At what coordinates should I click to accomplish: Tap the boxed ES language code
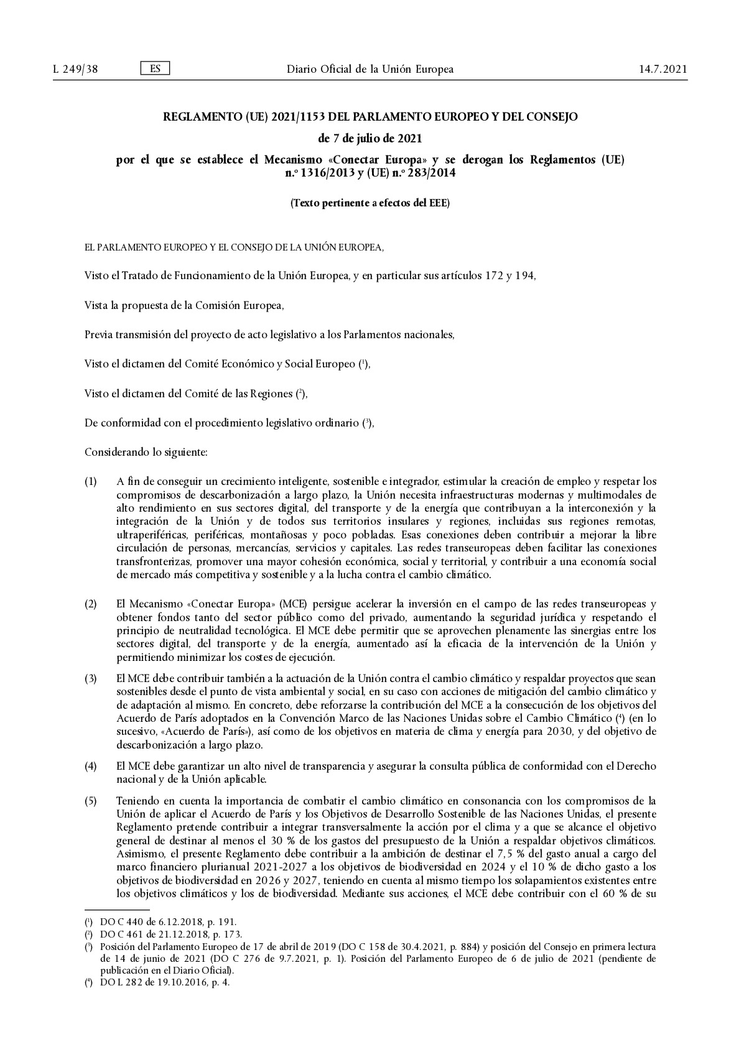pyautogui.click(x=156, y=68)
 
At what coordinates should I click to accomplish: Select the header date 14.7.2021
pyautogui.click(x=663, y=69)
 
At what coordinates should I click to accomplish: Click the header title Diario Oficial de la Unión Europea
pyautogui.click(x=370, y=69)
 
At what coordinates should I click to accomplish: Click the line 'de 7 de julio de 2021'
pyautogui.click(x=370, y=137)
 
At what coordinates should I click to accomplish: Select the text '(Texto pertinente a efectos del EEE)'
pyautogui.click(x=370, y=203)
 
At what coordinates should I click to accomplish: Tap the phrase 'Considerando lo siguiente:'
pyautogui.click(x=146, y=452)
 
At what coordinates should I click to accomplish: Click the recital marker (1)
pyautogui.click(x=91, y=482)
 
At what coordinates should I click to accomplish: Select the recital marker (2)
pyautogui.click(x=91, y=604)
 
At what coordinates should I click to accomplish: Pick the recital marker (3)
pyautogui.click(x=91, y=678)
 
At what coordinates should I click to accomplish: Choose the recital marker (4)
pyautogui.click(x=91, y=767)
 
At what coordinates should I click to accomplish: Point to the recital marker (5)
pyautogui.click(x=91, y=800)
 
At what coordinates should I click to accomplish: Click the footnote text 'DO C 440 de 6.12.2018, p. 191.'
pyautogui.click(x=168, y=922)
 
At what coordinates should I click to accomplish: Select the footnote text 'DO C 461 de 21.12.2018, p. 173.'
pyautogui.click(x=170, y=934)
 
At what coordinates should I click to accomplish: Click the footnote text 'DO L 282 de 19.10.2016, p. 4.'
pyautogui.click(x=165, y=982)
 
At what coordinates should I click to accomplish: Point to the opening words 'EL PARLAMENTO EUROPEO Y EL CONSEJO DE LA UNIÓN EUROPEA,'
pyautogui.click(x=234, y=247)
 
